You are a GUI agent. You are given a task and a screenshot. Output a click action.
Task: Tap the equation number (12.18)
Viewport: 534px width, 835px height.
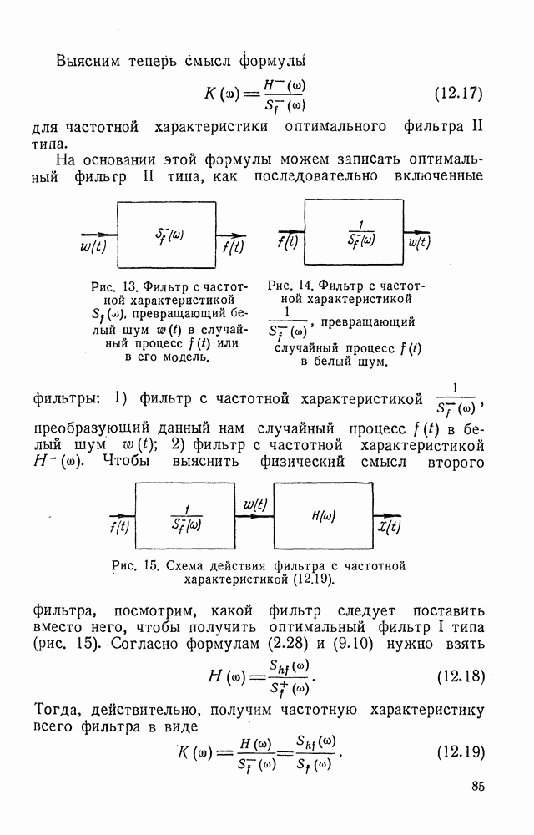[461, 675]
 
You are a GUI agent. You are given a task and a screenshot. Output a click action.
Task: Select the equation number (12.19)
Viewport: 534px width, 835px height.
[461, 751]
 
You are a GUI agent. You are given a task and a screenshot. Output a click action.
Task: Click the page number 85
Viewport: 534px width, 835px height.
[477, 785]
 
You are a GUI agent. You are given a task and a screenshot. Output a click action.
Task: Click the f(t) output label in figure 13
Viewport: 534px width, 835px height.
[233, 246]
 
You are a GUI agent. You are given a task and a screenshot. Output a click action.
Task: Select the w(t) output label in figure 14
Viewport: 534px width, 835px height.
[419, 244]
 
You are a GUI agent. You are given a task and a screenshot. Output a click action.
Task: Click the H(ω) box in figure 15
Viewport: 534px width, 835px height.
[323, 517]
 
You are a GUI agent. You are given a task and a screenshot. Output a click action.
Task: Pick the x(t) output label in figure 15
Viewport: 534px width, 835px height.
[388, 527]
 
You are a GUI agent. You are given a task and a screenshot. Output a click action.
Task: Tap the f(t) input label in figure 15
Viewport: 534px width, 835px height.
[120, 528]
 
